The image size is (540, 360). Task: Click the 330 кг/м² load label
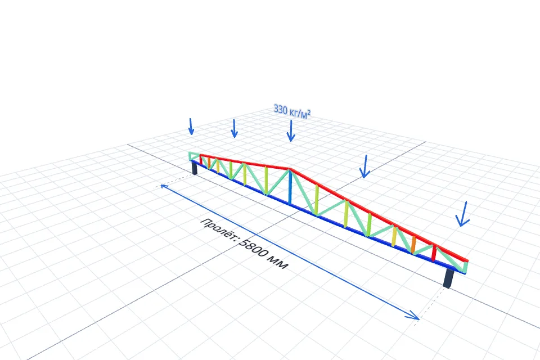[292, 111]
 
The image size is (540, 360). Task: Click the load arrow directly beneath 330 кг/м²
[291, 130]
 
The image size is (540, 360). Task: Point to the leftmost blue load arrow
[191, 127]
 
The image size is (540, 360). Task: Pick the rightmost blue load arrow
[462, 214]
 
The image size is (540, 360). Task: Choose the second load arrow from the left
[234, 128]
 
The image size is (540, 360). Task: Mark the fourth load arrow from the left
[364, 166]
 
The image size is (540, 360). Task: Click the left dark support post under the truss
[195, 168]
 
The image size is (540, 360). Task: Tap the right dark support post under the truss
[449, 278]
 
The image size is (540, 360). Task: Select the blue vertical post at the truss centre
[290, 188]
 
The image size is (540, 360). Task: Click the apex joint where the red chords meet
[290, 169]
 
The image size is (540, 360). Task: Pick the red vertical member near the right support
[434, 253]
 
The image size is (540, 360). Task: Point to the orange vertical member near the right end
[413, 245]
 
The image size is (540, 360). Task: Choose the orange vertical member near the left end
[209, 163]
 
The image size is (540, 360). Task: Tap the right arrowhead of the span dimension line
[414, 316]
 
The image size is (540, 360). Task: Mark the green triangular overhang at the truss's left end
[194, 156]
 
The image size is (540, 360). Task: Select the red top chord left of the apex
[245, 162]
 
